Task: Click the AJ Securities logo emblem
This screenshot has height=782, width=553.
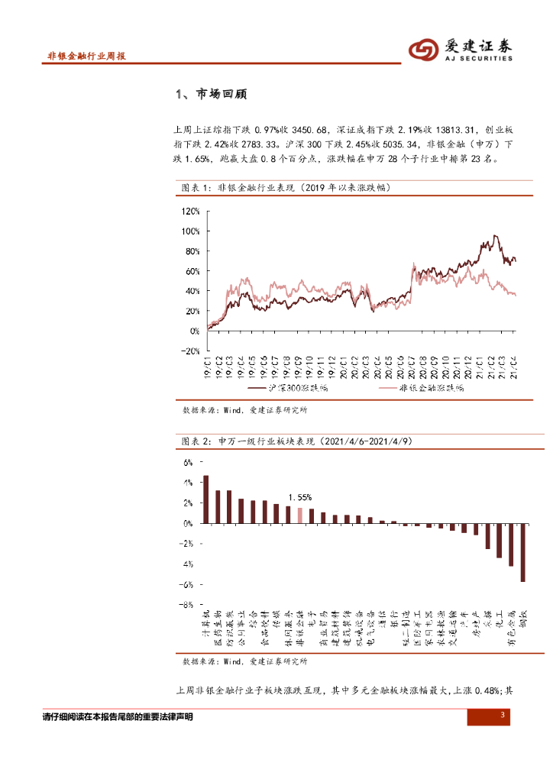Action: [x=422, y=50]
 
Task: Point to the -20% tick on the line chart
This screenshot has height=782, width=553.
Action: [x=189, y=351]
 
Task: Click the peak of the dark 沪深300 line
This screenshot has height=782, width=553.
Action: [x=495, y=236]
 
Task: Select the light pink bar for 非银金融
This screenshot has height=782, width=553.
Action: [x=300, y=515]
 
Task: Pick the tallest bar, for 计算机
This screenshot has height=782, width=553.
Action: [x=205, y=499]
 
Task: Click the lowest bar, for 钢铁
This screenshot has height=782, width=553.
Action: [x=523, y=552]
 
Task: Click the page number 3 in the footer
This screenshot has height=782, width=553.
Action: [x=502, y=715]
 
